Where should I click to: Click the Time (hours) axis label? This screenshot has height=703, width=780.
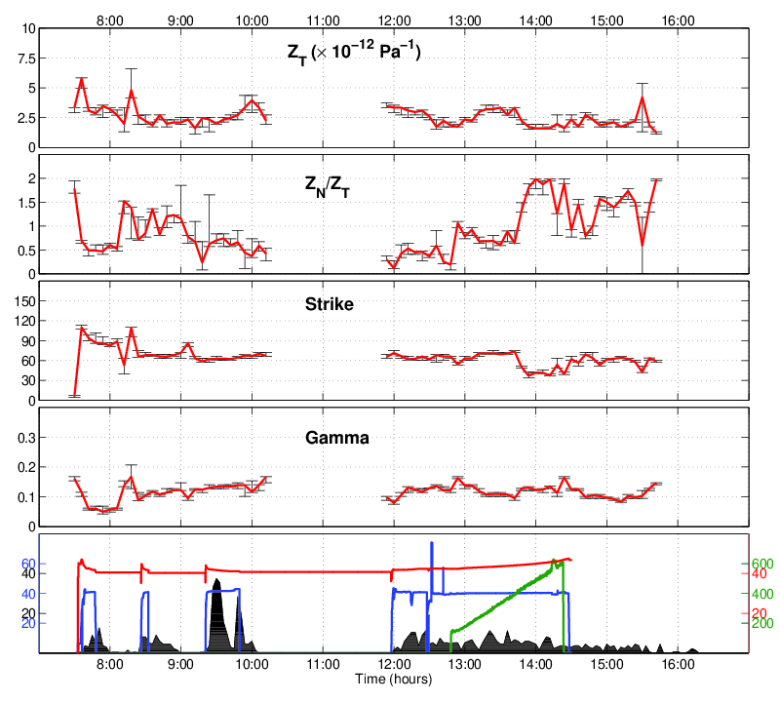pyautogui.click(x=394, y=678)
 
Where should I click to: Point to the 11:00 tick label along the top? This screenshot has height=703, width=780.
pyautogui.click(x=323, y=18)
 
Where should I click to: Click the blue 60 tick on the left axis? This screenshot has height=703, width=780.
pyautogui.click(x=27, y=564)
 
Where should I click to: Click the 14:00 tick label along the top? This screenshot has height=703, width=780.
pyautogui.click(x=536, y=18)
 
